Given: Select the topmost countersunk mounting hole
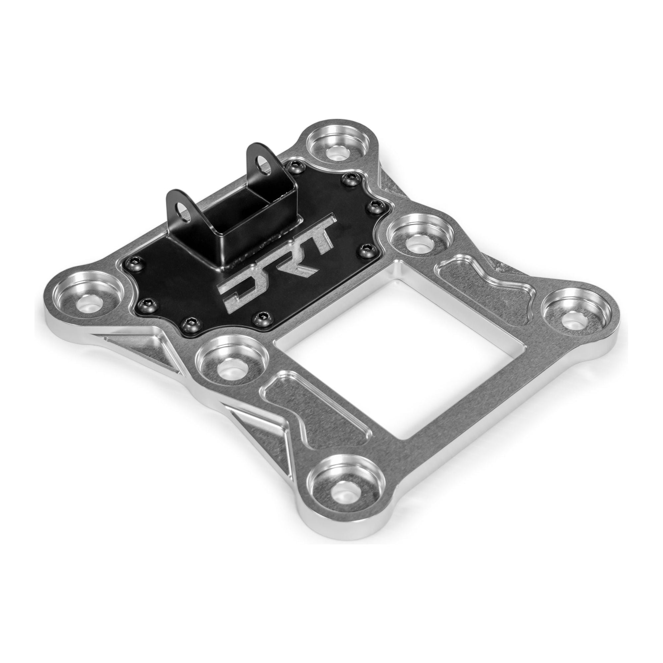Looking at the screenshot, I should pyautogui.click(x=338, y=151).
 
